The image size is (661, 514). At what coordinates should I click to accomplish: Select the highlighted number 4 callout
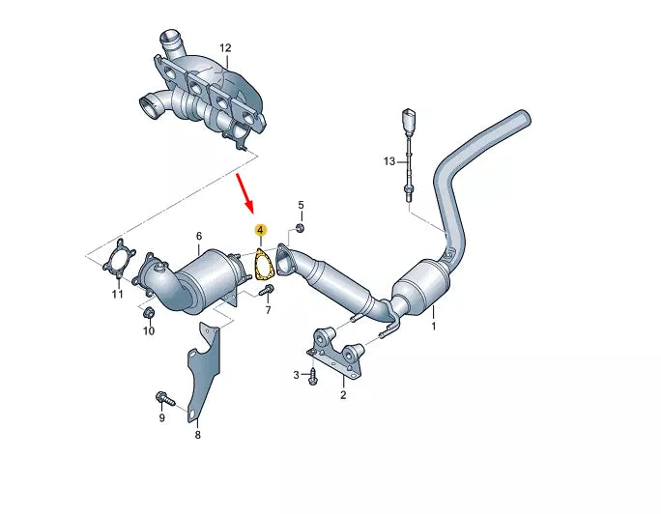(x=260, y=231)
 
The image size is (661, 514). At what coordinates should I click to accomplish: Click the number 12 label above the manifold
(x=225, y=47)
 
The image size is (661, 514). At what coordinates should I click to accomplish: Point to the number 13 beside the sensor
(x=388, y=161)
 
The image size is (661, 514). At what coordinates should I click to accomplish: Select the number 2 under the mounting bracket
(x=343, y=394)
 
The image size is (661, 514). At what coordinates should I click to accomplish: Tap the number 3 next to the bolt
(x=296, y=374)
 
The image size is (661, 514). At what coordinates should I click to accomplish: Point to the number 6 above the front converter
(x=199, y=236)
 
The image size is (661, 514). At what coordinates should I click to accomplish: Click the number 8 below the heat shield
(x=197, y=436)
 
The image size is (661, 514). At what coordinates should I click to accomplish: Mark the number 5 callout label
(x=300, y=205)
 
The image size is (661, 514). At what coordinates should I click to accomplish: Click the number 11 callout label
(x=117, y=294)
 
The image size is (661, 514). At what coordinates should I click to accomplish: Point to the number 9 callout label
(x=161, y=417)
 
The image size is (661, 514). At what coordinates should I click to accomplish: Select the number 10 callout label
(x=149, y=331)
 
